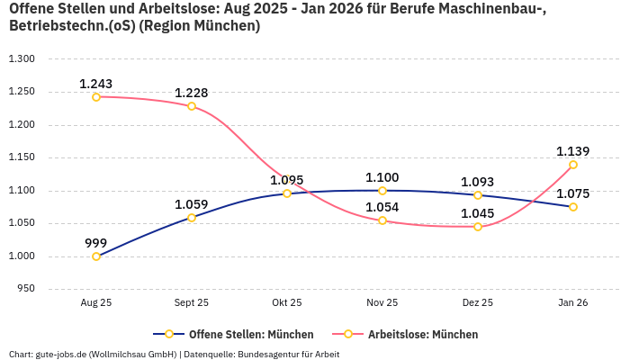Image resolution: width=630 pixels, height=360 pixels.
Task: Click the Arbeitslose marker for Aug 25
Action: click(x=96, y=96)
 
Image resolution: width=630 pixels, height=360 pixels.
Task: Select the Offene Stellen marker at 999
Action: click(x=96, y=256)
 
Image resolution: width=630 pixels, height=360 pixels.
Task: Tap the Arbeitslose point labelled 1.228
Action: click(x=192, y=106)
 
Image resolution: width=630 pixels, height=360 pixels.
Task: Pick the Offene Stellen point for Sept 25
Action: click(x=192, y=218)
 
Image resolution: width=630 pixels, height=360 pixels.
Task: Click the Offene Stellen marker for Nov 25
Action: click(x=382, y=191)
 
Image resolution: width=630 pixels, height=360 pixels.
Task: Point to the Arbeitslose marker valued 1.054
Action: click(x=382, y=220)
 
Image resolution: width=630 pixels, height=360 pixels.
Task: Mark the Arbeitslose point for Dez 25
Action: click(x=478, y=227)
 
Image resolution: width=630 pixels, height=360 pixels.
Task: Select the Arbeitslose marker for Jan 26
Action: click(x=573, y=165)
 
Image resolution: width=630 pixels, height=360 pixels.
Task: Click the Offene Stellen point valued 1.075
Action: click(x=573, y=207)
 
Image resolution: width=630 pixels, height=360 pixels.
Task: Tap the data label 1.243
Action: click(x=96, y=84)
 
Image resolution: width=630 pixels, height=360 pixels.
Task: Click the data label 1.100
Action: click(x=382, y=177)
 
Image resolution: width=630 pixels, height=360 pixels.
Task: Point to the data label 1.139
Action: click(x=573, y=151)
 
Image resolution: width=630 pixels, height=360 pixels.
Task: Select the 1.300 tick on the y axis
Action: click(x=22, y=58)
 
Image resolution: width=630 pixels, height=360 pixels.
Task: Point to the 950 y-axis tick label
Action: click(x=25, y=289)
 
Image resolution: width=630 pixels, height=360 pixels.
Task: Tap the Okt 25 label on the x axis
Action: click(x=287, y=303)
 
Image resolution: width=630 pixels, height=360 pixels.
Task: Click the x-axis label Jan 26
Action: click(x=573, y=303)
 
